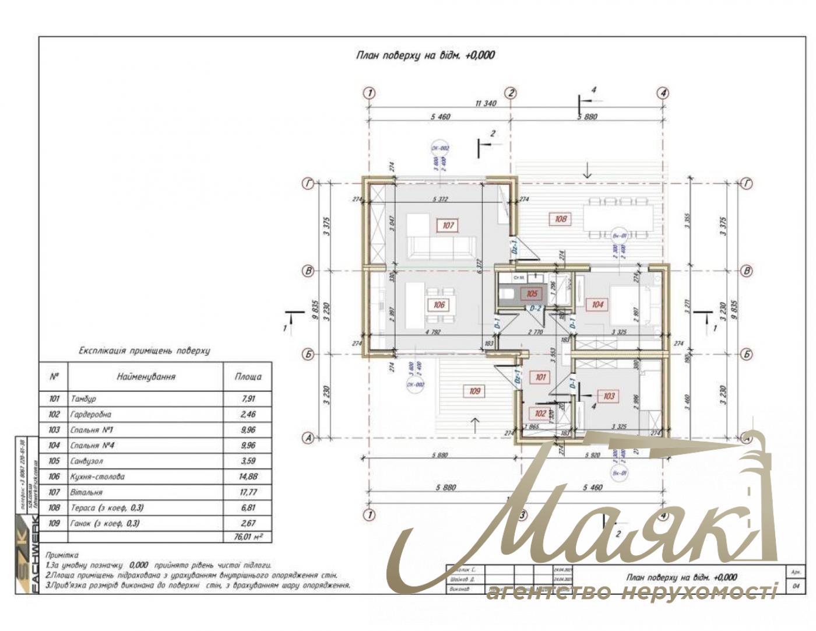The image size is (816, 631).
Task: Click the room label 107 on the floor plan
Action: point(448,225)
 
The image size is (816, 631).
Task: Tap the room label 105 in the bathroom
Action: point(532,294)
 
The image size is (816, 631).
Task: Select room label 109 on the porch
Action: point(474,391)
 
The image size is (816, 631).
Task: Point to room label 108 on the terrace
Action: point(560,219)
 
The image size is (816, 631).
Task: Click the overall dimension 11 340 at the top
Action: point(486,104)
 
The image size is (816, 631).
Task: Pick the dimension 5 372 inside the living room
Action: point(440,199)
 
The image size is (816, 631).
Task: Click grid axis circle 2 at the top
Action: point(511,93)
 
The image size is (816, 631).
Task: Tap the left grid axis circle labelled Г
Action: point(308,184)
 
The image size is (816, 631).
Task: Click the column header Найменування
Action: point(146,377)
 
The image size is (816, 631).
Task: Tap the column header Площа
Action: point(248,377)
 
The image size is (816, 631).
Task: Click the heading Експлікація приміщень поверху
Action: point(144,351)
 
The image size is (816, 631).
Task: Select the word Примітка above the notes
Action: point(61,555)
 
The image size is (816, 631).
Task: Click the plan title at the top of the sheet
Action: point(425,55)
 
